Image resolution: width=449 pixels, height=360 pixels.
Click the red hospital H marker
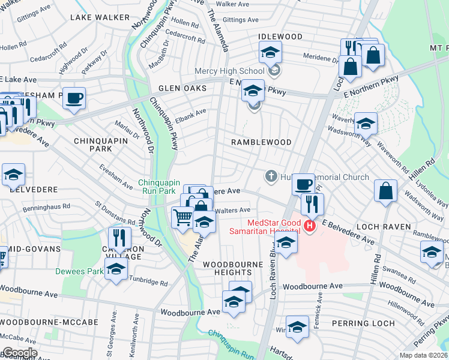point(310,226)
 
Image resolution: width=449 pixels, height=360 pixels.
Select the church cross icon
point(271,177)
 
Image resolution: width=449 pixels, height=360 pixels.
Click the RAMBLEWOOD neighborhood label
point(262,142)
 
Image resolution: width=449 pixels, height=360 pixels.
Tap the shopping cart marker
point(182,217)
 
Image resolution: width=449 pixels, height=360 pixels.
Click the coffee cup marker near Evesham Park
point(74,98)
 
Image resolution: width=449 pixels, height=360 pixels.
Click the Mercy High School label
point(229,71)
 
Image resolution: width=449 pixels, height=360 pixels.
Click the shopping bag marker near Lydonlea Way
point(385,191)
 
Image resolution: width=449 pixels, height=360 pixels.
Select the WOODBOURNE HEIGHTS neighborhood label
point(233,268)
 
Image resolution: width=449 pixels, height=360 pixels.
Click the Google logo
point(19,353)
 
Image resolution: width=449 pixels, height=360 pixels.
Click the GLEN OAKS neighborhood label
point(178,88)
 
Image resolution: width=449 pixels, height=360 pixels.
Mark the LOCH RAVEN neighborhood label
point(391,227)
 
